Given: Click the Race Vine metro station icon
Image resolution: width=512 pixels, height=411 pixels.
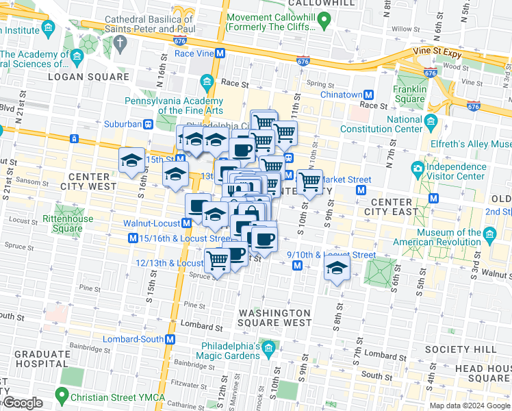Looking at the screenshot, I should [220, 53].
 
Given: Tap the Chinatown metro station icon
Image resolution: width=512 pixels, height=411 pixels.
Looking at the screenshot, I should [368, 95].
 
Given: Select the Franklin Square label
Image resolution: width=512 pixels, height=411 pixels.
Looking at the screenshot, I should [409, 94].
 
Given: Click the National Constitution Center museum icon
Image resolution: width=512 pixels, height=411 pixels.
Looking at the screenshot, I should [431, 123].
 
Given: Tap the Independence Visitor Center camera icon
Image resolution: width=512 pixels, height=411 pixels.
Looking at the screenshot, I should [417, 168].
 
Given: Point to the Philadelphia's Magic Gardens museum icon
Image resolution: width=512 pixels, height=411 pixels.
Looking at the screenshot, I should [269, 349].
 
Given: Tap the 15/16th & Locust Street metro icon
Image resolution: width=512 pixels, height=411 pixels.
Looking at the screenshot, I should [133, 238].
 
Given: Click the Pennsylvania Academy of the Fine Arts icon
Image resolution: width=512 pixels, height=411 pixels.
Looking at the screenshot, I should [207, 84].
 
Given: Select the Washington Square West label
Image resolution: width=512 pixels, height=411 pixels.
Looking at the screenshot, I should [274, 318].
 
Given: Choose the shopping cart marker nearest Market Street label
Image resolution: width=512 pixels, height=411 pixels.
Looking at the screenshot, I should [310, 182].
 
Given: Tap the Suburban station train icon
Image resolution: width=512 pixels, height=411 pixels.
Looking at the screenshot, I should [147, 125].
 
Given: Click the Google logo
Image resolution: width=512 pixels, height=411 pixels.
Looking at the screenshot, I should [22, 403].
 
